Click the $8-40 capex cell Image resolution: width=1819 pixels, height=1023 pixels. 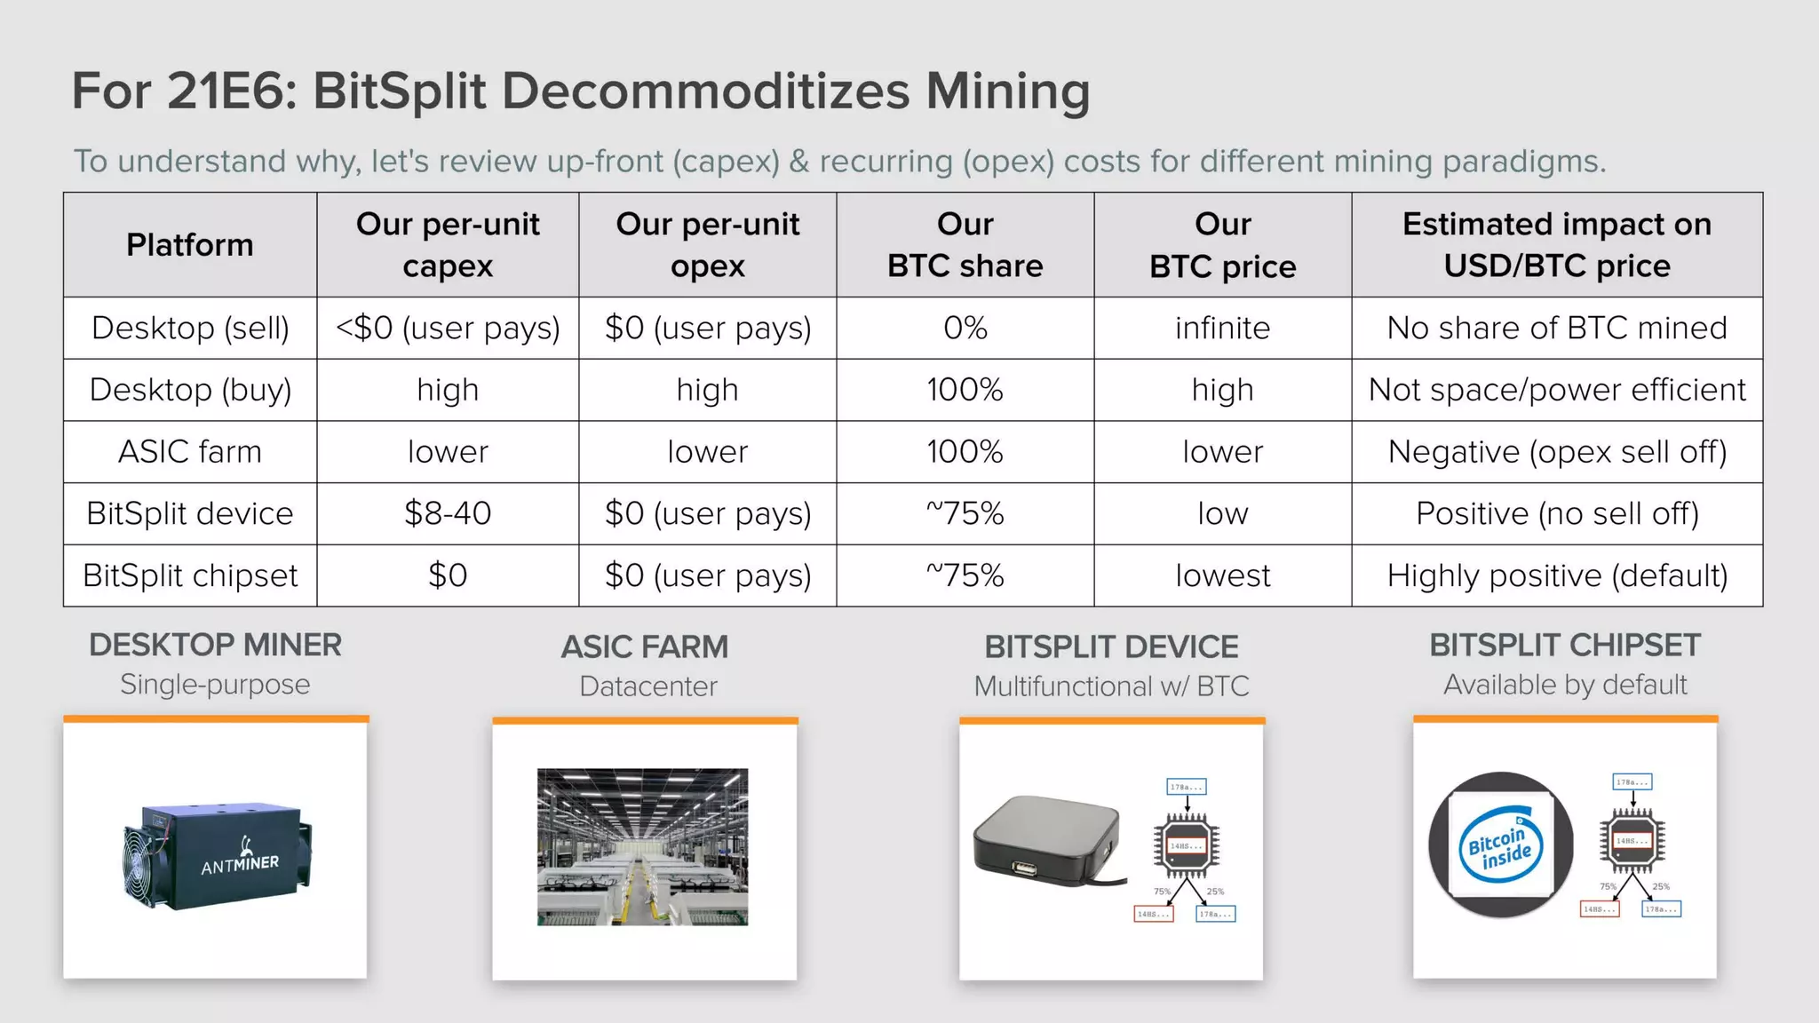(448, 513)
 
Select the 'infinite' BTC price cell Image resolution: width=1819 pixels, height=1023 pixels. (1222, 328)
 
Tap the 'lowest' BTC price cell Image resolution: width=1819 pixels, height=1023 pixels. (1222, 575)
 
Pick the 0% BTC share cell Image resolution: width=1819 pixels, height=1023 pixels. (965, 328)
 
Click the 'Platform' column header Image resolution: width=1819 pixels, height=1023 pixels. (189, 244)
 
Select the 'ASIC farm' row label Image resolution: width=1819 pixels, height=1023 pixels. (189, 451)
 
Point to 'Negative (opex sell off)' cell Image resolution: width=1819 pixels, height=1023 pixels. (1556, 451)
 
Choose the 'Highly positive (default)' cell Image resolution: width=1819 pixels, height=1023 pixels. (1556, 575)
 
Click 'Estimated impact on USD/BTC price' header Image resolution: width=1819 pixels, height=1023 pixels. (1556, 244)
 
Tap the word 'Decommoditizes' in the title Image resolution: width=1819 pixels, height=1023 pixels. (705, 91)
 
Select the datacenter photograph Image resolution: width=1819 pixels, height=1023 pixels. (642, 846)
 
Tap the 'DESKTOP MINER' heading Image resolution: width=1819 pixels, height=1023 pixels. (215, 645)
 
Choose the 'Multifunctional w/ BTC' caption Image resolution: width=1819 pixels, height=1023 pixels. (1111, 686)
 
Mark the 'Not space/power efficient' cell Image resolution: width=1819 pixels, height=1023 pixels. (1556, 390)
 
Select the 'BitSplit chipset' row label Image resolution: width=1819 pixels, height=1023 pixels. (189, 575)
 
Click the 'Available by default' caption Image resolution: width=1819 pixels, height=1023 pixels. (1565, 685)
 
